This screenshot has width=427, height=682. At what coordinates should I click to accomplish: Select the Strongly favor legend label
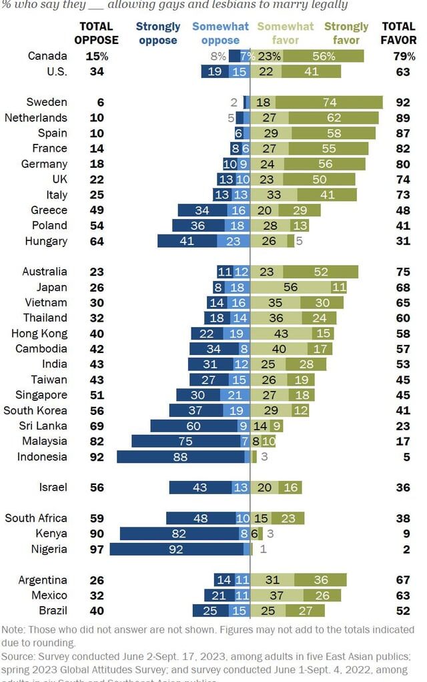346,33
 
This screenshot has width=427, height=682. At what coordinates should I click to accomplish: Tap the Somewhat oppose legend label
220,33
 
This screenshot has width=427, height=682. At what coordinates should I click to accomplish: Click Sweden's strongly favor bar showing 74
329,102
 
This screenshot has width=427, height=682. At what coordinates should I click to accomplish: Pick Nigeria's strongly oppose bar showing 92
177,549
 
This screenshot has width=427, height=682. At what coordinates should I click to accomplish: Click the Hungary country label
46,241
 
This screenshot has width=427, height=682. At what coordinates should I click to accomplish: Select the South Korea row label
35,410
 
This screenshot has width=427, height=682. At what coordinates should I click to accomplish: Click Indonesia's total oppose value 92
96,457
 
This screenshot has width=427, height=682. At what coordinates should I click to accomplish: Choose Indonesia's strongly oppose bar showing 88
180,457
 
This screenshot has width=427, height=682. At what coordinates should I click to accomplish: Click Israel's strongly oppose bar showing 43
200,488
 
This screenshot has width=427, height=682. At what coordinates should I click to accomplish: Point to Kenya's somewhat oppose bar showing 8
244,533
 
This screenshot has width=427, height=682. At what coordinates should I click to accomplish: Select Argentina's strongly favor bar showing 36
320,580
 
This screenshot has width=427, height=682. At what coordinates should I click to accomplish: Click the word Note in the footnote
14,629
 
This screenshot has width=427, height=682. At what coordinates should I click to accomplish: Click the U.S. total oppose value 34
96,71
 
